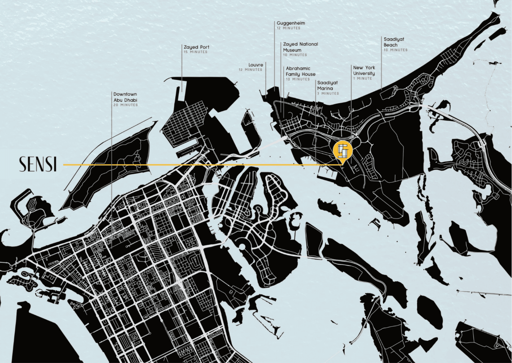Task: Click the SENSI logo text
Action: pyautogui.click(x=37, y=165)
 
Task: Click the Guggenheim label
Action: pyautogui.click(x=291, y=23)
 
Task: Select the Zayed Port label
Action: pyautogui.click(x=196, y=47)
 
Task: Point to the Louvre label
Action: pyautogui.click(x=256, y=65)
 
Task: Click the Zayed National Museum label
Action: pyautogui.click(x=300, y=47)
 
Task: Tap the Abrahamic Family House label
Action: pyautogui.click(x=300, y=71)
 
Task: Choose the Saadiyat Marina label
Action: pyautogui.click(x=327, y=85)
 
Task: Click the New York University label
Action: pyautogui.click(x=364, y=71)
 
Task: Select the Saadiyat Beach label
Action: pyautogui.click(x=394, y=42)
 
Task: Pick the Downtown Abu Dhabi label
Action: pyautogui.click(x=125, y=97)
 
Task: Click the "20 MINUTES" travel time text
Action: pyautogui.click(x=125, y=105)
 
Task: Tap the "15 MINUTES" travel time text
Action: pyautogui.click(x=195, y=52)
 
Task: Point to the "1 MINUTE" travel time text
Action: pyautogui.click(x=362, y=78)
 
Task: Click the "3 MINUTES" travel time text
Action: pyautogui.click(x=328, y=93)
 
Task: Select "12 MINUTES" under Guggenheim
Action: pyautogui.click(x=288, y=28)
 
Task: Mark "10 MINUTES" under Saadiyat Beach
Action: pyautogui.click(x=395, y=50)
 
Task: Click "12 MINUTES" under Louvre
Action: pyautogui.click(x=250, y=70)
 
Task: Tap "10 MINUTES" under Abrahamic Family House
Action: pyautogui.click(x=297, y=79)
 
